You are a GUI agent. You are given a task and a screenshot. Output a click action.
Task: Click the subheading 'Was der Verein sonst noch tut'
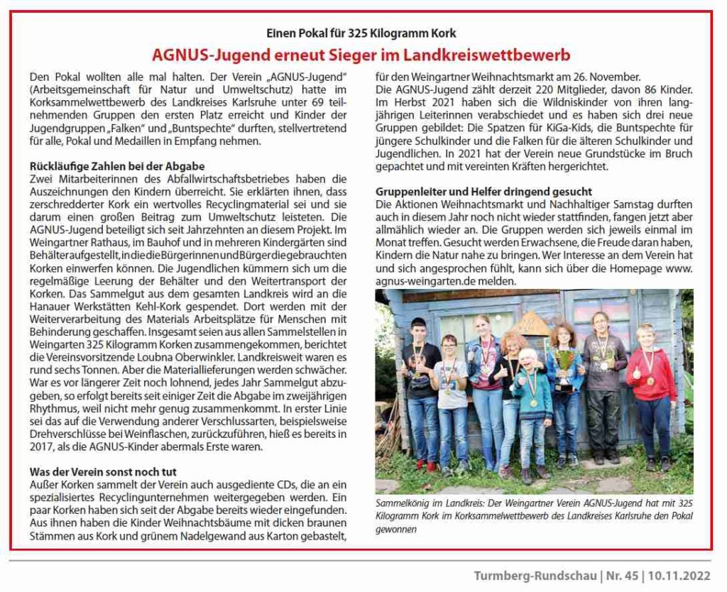[x=103, y=472]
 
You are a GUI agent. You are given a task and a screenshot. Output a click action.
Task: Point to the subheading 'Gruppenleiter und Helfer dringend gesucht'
[x=483, y=192]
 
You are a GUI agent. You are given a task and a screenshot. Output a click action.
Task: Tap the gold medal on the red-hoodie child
[x=650, y=380]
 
